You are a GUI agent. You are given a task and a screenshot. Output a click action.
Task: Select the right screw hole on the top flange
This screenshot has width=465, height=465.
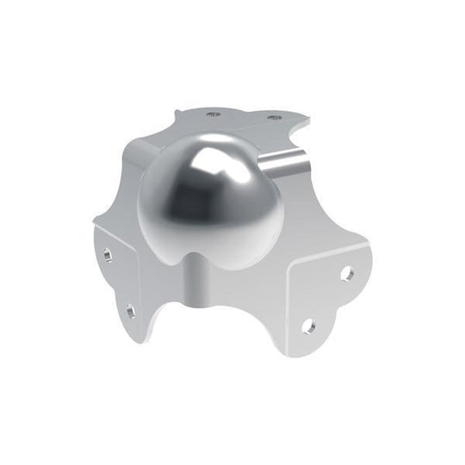pos(274,117)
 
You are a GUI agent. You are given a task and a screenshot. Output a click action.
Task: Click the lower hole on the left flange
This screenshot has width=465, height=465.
pos(130,307)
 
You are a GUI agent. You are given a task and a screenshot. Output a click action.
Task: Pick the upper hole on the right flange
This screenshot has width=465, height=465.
pos(346,274)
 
